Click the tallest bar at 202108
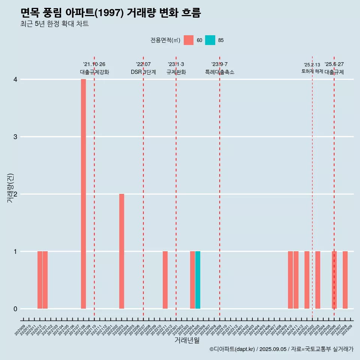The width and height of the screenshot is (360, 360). [x=83, y=194]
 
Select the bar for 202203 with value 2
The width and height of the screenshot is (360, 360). [x=121, y=251]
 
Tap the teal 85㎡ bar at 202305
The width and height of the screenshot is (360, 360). [x=198, y=280]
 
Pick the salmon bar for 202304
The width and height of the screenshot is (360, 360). [x=192, y=280]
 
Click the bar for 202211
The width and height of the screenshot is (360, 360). [x=165, y=280]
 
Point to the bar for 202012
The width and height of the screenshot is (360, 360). [x=40, y=280]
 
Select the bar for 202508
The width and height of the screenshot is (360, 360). [x=345, y=280]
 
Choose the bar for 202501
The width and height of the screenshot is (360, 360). [x=307, y=280]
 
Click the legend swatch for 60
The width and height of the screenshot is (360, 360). [x=189, y=40]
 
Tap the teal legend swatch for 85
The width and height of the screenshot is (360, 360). [x=210, y=40]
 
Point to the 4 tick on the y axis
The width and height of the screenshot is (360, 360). [x=15, y=79]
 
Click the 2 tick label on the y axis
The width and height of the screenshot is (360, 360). [x=15, y=194]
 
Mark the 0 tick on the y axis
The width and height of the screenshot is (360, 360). [x=15, y=309]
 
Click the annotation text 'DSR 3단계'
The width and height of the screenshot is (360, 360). [x=143, y=72]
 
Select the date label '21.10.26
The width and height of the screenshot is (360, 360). [x=94, y=64]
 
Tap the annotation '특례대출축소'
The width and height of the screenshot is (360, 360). [x=220, y=72]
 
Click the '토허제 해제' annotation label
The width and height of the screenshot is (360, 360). [x=312, y=71]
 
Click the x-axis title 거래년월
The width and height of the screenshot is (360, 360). [x=187, y=340]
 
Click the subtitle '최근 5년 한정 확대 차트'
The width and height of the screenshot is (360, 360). [x=54, y=24]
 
